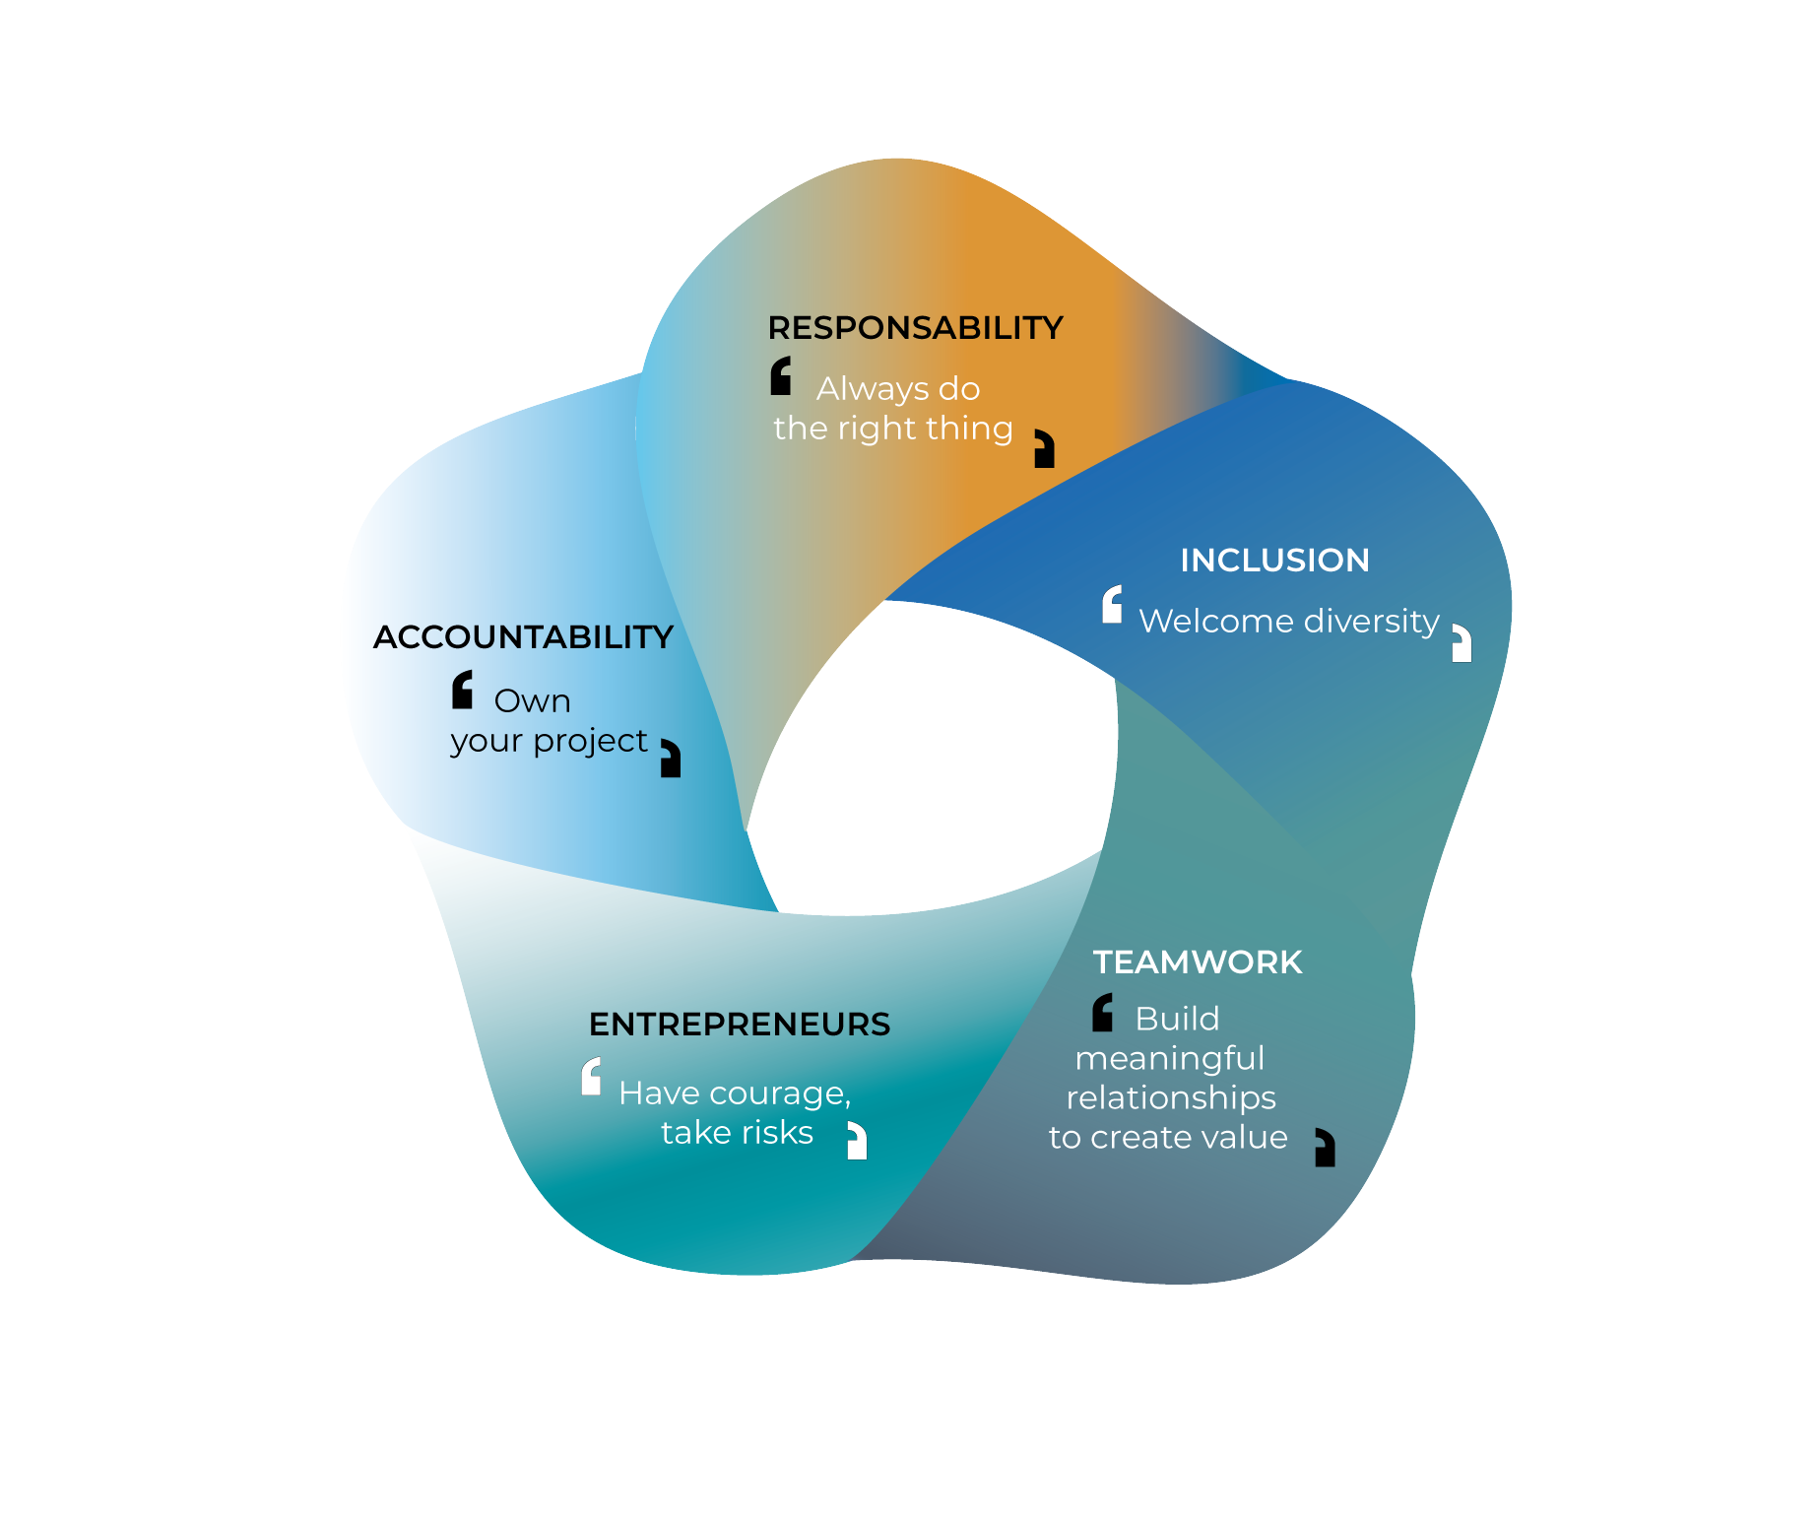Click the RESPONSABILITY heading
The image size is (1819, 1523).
pyautogui.click(x=915, y=328)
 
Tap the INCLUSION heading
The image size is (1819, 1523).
pyautogui.click(x=1274, y=561)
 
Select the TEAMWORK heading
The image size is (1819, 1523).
pyautogui.click(x=1198, y=962)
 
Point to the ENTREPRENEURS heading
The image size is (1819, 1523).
pyautogui.click(x=739, y=1025)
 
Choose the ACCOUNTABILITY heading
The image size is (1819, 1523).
pyautogui.click(x=523, y=637)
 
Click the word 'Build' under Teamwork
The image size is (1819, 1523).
pyautogui.click(x=1177, y=1019)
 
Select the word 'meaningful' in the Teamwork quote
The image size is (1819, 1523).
pyautogui.click(x=1169, y=1059)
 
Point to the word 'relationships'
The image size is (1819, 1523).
pyautogui.click(x=1170, y=1098)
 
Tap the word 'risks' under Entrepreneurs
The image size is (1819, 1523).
pyautogui.click(x=779, y=1133)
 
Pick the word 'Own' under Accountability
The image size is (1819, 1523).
pyautogui.click(x=532, y=701)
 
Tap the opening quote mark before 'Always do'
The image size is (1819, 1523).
pyautogui.click(x=781, y=376)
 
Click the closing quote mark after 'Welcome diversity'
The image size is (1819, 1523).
pyautogui.click(x=1462, y=643)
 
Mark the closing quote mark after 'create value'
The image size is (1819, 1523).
pyautogui.click(x=1326, y=1148)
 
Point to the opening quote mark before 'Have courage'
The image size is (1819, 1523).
pyautogui.click(x=591, y=1076)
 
